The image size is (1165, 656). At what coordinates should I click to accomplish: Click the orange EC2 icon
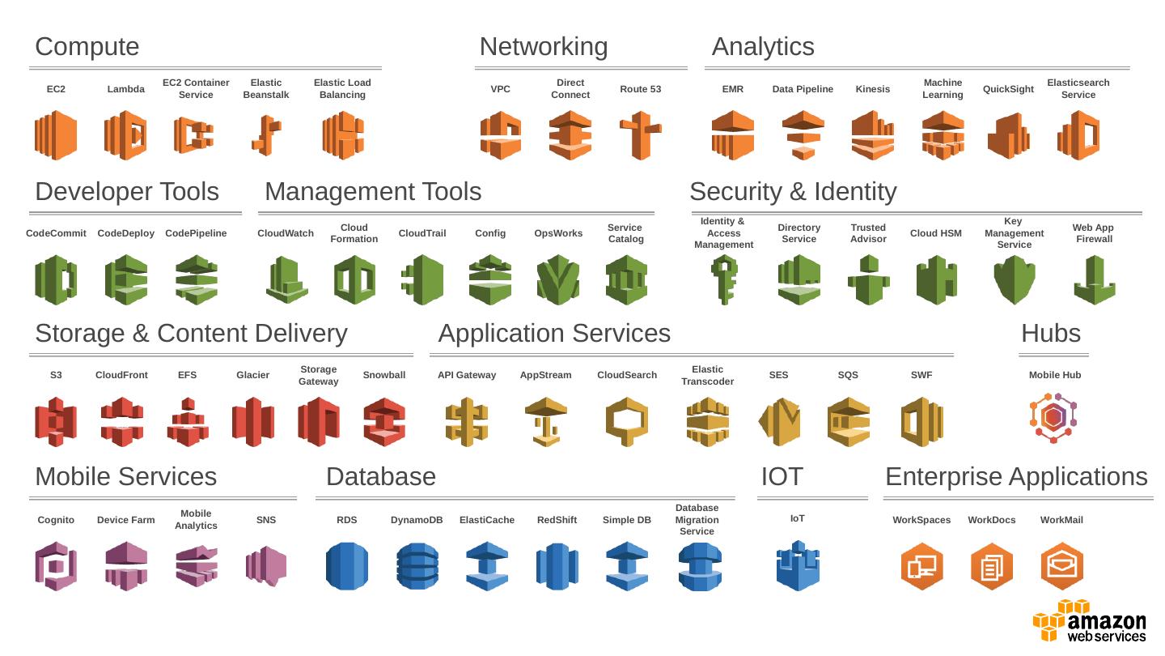tap(56, 135)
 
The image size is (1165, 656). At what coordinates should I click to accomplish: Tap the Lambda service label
tap(126, 89)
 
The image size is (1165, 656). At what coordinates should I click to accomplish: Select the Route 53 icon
tap(640, 135)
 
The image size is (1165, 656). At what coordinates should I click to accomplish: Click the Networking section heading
tap(544, 46)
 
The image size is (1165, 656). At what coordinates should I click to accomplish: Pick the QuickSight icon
tap(1008, 135)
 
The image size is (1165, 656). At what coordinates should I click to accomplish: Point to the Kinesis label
tap(872, 89)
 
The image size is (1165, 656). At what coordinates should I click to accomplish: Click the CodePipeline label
tap(196, 233)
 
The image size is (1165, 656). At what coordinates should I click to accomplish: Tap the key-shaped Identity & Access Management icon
tap(723, 279)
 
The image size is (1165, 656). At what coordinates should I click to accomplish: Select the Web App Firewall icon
tap(1094, 279)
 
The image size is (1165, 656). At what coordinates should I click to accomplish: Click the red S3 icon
tap(56, 421)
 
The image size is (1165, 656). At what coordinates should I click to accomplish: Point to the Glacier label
tap(252, 375)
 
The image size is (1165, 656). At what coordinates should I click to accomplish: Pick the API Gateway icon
tap(467, 421)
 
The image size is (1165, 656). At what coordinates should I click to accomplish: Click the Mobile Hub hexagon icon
tap(1053, 418)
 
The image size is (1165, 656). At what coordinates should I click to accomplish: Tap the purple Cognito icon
tap(56, 565)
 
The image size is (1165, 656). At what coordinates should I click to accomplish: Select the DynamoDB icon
tap(417, 565)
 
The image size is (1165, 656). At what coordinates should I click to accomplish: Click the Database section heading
tap(380, 476)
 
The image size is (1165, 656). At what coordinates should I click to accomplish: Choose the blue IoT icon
tap(797, 565)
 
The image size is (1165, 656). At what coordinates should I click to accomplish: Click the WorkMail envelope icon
tap(1061, 565)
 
